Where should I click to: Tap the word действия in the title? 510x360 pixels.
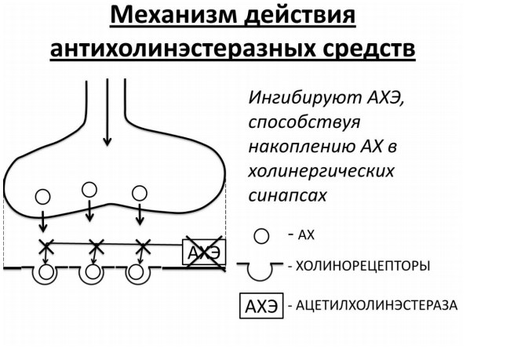click(x=300, y=16)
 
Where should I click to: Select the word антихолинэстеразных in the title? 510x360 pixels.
click(x=183, y=49)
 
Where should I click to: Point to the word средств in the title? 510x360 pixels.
click(x=369, y=49)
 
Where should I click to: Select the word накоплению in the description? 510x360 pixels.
click(x=301, y=147)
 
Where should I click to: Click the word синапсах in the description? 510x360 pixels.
click(x=287, y=196)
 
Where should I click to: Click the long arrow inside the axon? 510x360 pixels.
click(x=107, y=112)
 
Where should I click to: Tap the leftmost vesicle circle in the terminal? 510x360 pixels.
click(x=42, y=197)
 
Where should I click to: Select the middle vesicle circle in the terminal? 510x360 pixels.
click(x=89, y=190)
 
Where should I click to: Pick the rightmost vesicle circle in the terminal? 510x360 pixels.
click(x=139, y=193)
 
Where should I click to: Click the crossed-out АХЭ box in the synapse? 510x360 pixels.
click(x=204, y=252)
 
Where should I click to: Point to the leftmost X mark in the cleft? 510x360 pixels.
click(x=46, y=247)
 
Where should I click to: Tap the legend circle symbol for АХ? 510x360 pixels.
click(x=261, y=236)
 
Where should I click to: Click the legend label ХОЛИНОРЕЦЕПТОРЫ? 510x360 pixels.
click(x=363, y=266)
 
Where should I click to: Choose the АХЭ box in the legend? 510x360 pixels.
click(x=261, y=306)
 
